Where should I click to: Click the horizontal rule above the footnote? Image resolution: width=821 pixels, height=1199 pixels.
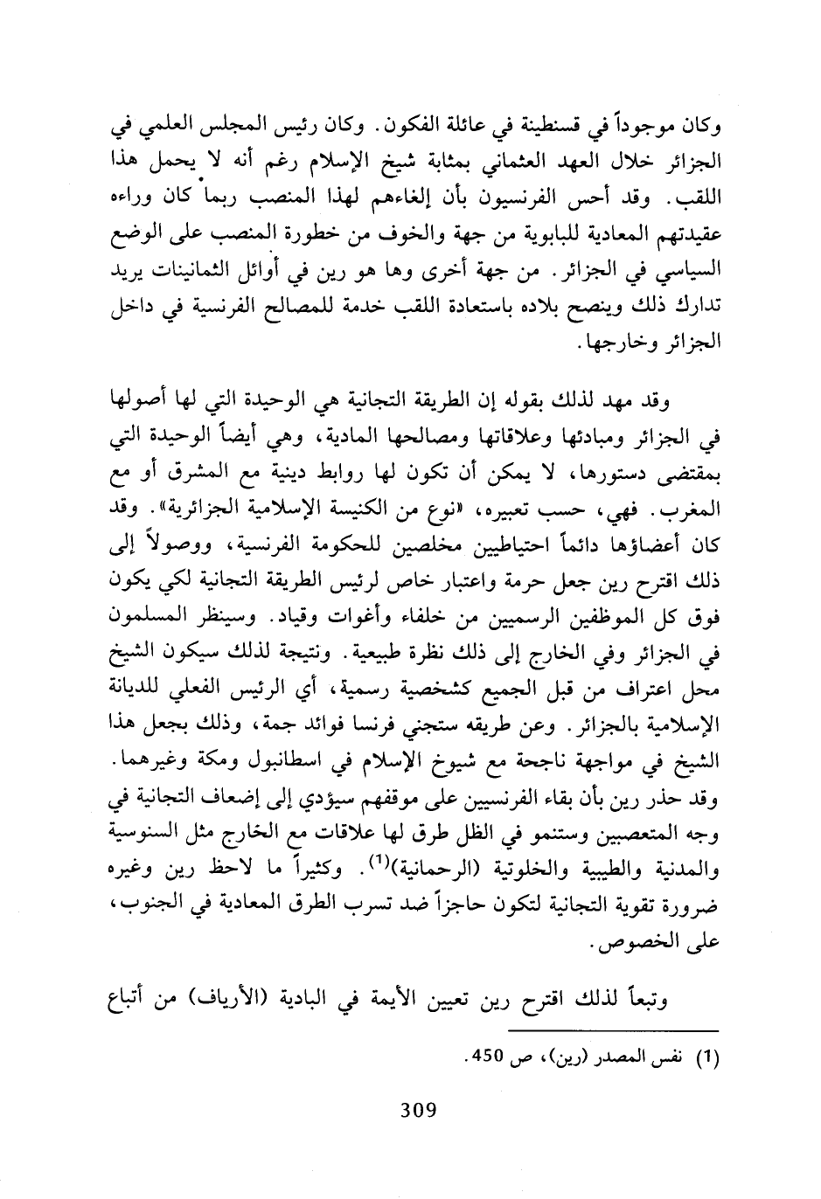coord(612,1031)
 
